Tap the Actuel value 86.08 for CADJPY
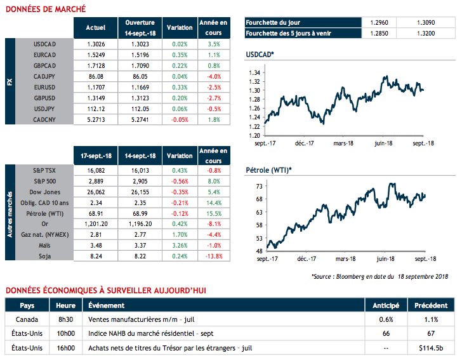click(x=96, y=76)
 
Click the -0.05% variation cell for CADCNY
click(x=180, y=118)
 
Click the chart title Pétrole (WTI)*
click(x=269, y=171)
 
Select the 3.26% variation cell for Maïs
click(x=180, y=245)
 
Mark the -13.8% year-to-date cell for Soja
click(x=214, y=255)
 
